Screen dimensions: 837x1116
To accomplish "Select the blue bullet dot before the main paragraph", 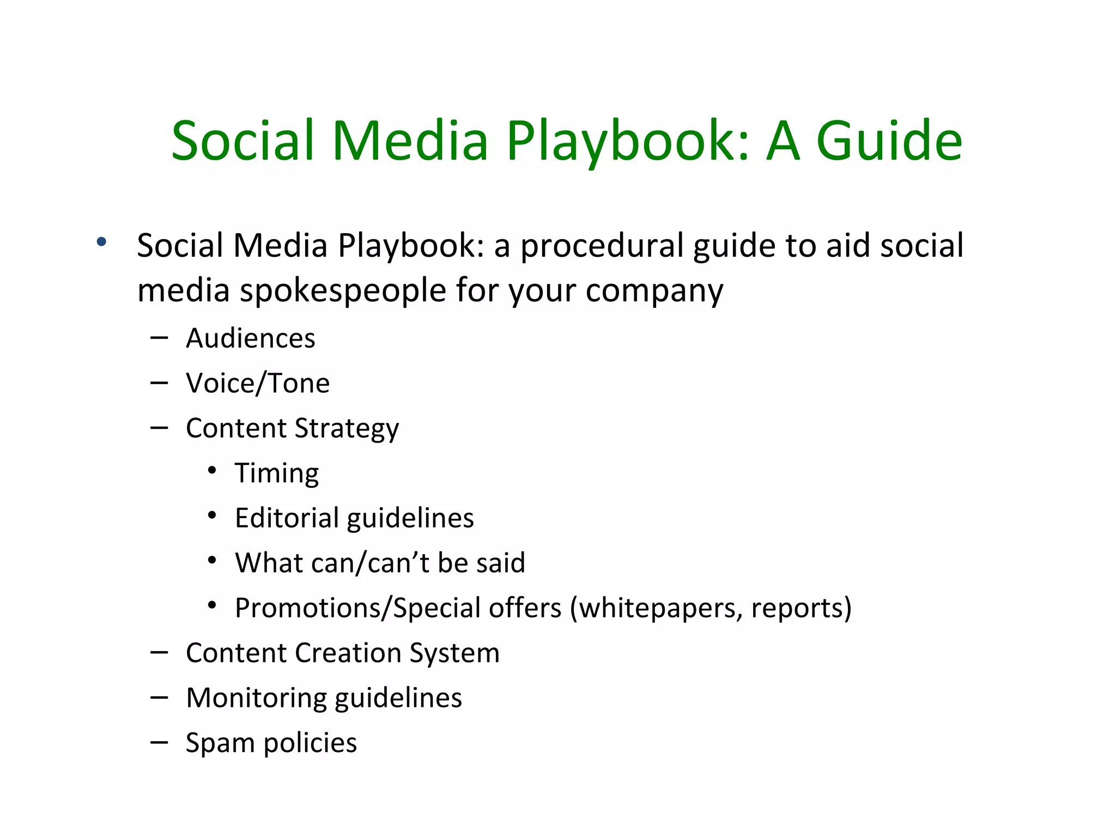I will click(x=101, y=242).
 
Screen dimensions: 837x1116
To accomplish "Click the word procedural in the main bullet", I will click(x=602, y=246).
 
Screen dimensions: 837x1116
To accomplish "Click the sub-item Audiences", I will click(x=251, y=338).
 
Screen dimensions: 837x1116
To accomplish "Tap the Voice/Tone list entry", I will click(x=258, y=383).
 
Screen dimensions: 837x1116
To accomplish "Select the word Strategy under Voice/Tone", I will click(x=347, y=429).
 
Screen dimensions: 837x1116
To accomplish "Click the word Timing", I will click(x=277, y=474).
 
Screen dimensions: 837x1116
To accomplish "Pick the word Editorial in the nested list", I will click(x=287, y=518).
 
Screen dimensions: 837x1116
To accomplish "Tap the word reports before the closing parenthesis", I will click(x=797, y=608).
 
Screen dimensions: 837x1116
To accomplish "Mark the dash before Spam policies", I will click(x=159, y=742).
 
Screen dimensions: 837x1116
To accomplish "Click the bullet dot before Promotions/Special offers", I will click(x=213, y=605).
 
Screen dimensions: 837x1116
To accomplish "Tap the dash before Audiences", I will click(x=159, y=338).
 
